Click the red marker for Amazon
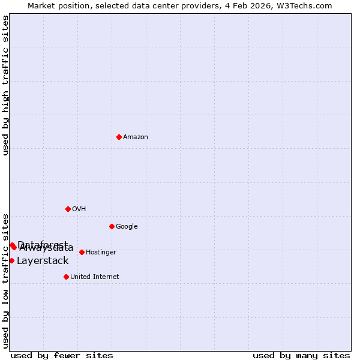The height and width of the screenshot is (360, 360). pyautogui.click(x=119, y=137)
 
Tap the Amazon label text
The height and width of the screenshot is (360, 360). pyautogui.click(x=136, y=137)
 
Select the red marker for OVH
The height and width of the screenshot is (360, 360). pyautogui.click(x=68, y=209)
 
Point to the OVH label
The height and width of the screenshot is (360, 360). pyautogui.click(x=79, y=209)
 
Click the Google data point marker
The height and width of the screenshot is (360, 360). pyautogui.click(x=112, y=226)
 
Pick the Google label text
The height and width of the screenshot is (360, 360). pyautogui.click(x=127, y=227)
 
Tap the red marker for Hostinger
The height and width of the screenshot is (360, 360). pyautogui.click(x=82, y=252)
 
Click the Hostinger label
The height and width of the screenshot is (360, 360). pyautogui.click(x=101, y=253)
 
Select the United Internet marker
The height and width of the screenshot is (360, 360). pyautogui.click(x=66, y=277)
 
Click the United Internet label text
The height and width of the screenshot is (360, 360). pyautogui.click(x=95, y=277)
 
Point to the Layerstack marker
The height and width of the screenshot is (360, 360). pyautogui.click(x=11, y=260)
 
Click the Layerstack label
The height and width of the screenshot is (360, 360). pyautogui.click(x=43, y=261)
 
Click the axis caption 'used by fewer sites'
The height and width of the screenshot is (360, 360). pyautogui.click(x=62, y=355)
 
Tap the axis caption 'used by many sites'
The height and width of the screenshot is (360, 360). pyautogui.click(x=301, y=355)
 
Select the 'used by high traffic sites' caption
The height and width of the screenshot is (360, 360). pyautogui.click(x=6, y=85)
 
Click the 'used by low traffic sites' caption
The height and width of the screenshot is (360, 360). pyautogui.click(x=6, y=280)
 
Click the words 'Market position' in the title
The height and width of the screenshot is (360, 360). pyautogui.click(x=56, y=5)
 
